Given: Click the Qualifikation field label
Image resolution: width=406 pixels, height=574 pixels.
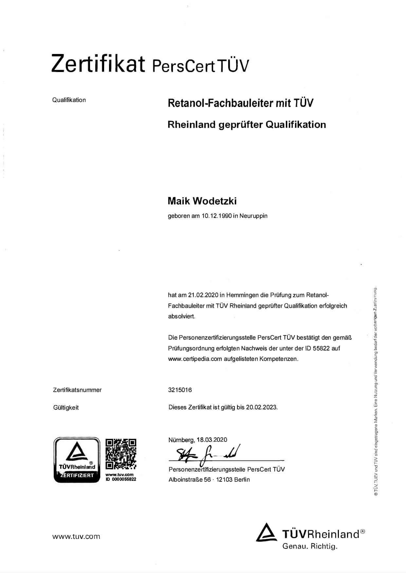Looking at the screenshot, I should [69, 100].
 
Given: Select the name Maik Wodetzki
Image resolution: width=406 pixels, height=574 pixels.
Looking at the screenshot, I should [202, 201].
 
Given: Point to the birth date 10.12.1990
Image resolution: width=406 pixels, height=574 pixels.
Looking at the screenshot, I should [216, 216].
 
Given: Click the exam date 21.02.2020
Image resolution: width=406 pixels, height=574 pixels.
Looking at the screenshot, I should [203, 295].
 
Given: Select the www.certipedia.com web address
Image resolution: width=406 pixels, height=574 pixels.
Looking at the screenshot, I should [195, 359].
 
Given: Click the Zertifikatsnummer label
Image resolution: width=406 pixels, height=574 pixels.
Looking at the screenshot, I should [77, 390].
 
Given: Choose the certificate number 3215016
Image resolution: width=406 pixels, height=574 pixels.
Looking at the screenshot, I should [180, 390].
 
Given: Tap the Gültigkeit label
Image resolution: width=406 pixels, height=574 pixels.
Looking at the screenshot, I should [66, 408].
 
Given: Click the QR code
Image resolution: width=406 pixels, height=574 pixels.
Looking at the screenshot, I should [121, 454].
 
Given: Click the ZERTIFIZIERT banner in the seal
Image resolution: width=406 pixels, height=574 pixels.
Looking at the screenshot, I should [77, 475].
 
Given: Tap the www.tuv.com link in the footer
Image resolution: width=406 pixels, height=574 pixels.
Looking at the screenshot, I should [76, 536].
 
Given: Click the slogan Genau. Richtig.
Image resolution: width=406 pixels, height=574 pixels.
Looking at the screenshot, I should [310, 546].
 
